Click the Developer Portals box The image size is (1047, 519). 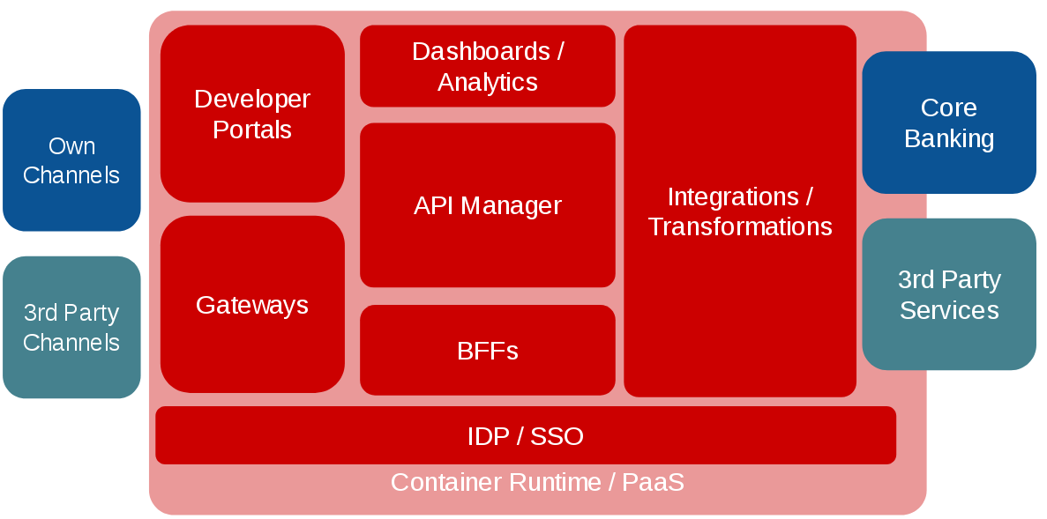coord(252,114)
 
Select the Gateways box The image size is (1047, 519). coord(252,304)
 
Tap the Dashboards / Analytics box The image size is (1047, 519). coord(487,66)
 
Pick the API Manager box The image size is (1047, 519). coord(487,205)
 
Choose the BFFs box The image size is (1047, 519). coord(487,351)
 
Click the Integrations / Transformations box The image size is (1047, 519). coord(740,211)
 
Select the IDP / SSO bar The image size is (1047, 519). coord(526,435)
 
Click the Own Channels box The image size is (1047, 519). coord(71,160)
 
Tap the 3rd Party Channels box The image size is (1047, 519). coord(71,327)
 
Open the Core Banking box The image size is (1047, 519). coord(949,122)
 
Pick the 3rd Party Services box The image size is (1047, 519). coord(949,294)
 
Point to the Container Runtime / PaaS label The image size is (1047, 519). coord(537,483)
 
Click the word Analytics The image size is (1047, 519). coord(488,82)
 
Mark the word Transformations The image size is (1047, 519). coord(740,226)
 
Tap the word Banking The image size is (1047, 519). coord(949,138)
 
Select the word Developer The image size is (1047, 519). coord(252,99)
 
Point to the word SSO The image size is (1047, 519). coord(557,436)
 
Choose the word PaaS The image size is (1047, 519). coord(653,483)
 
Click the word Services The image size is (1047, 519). coord(949,310)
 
